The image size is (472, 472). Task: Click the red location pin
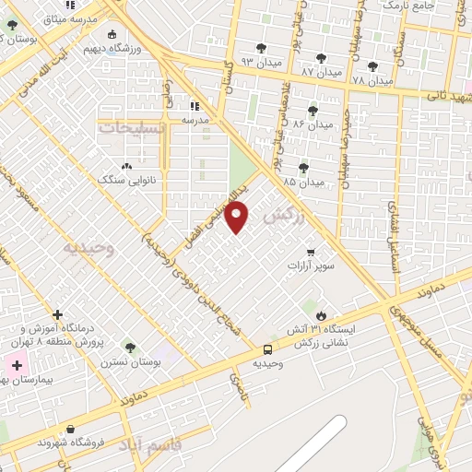[237, 218]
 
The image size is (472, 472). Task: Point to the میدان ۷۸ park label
[371, 79]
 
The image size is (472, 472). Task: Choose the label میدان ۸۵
[304, 182]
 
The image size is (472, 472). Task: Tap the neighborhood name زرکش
[283, 217]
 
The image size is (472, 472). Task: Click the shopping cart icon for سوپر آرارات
[311, 251]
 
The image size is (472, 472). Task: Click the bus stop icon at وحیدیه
[267, 349]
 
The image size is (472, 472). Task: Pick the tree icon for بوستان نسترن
[130, 347]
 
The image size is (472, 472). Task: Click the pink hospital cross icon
[17, 366]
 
